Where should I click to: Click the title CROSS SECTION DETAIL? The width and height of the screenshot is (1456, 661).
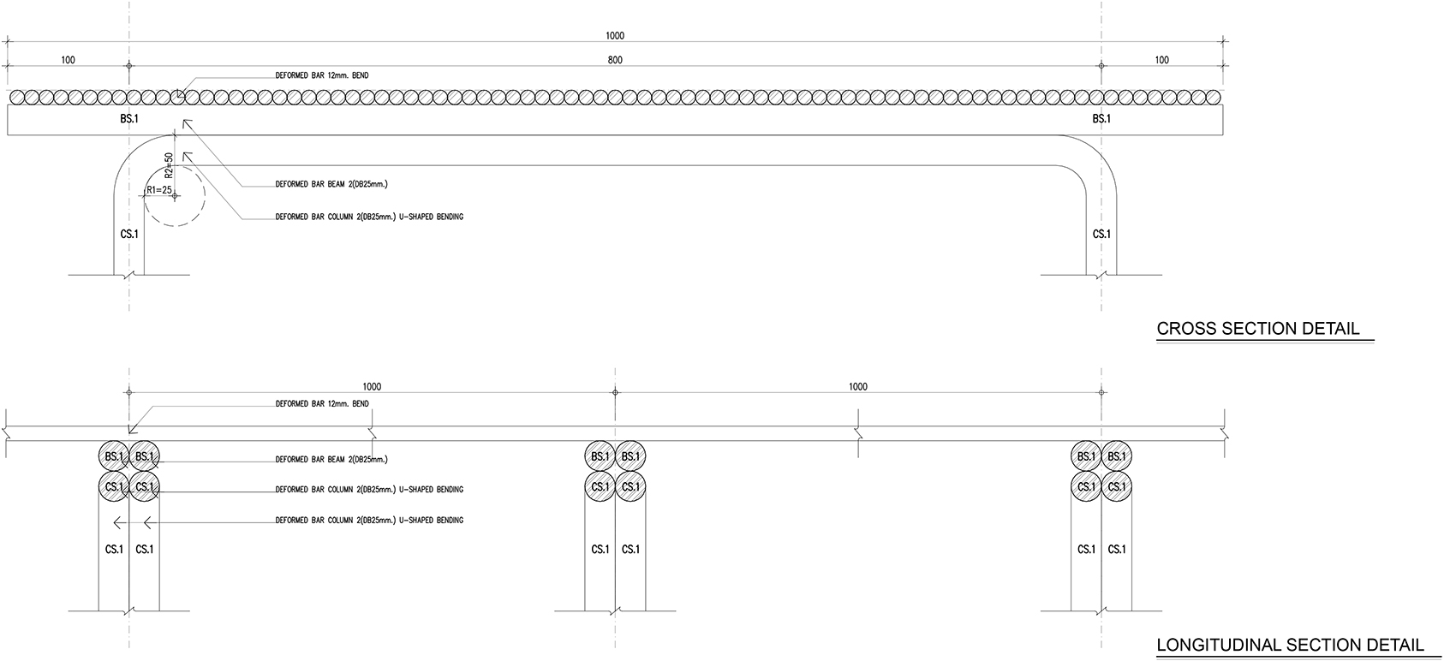click(1258, 329)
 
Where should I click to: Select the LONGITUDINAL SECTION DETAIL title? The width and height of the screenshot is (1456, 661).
click(1290, 646)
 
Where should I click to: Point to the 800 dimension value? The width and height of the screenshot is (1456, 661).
click(615, 61)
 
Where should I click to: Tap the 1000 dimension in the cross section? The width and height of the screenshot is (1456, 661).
click(615, 36)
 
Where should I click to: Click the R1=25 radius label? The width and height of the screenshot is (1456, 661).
click(159, 190)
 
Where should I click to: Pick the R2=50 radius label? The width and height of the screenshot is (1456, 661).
click(169, 166)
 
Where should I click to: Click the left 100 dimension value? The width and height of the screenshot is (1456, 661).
click(69, 61)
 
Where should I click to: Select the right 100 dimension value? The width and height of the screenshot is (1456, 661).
click(1161, 61)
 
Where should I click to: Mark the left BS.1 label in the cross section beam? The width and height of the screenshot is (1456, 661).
click(129, 119)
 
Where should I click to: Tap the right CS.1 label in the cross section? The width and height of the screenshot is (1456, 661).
click(1101, 234)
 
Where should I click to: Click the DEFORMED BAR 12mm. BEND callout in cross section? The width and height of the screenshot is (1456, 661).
click(322, 75)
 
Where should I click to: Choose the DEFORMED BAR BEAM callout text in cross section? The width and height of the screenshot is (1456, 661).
click(331, 185)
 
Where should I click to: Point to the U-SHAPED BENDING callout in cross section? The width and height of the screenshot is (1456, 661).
click(369, 217)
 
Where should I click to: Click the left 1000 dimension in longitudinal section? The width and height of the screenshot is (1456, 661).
click(372, 387)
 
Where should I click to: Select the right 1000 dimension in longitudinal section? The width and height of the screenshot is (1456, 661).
click(858, 387)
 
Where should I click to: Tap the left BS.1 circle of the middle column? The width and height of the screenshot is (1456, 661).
click(600, 456)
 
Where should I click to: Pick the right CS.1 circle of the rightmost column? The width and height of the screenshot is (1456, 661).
click(1117, 487)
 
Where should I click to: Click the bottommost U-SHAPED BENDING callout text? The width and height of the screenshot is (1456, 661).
click(369, 521)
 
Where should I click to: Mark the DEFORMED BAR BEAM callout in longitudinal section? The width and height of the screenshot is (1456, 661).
click(331, 460)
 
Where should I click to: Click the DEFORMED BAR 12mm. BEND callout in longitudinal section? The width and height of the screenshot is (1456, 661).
click(322, 403)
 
